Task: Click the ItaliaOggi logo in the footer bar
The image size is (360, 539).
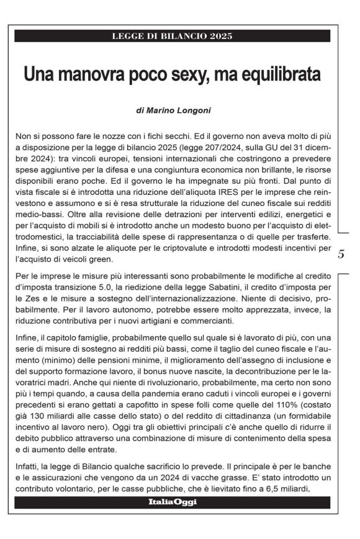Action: pos(172,502)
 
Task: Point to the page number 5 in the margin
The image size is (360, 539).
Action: pos(342,254)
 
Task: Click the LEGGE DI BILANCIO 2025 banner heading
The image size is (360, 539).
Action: pos(172,35)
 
